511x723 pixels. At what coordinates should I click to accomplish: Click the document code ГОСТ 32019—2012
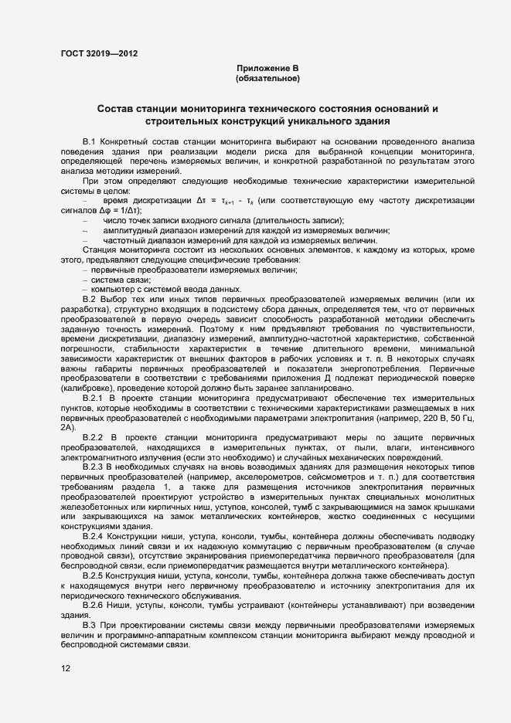[100, 53]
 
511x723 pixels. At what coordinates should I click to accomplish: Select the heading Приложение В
[267, 69]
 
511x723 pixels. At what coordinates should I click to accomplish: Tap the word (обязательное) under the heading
[267, 79]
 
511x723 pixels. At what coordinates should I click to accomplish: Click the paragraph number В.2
[88, 299]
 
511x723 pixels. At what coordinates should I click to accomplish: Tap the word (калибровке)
[84, 388]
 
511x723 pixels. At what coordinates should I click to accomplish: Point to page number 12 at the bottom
[65, 670]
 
